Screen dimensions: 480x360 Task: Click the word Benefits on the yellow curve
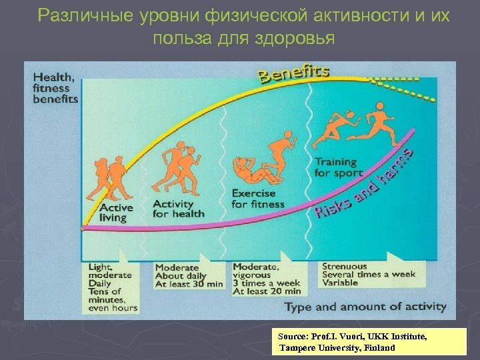(x=294, y=73)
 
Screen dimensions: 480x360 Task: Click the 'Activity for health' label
(x=178, y=209)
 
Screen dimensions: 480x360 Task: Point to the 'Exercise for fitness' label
(x=257, y=199)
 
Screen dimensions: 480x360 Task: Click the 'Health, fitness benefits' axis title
(x=55, y=88)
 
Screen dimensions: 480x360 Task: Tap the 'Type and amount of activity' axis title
(x=365, y=307)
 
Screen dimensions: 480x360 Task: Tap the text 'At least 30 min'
(x=189, y=283)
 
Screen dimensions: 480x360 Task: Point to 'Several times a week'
(x=368, y=274)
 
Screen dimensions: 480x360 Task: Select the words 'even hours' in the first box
(x=113, y=307)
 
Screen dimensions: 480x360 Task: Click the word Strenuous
(x=345, y=266)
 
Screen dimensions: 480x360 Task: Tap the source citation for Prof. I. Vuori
(x=363, y=342)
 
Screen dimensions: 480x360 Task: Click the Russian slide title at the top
(x=243, y=25)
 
